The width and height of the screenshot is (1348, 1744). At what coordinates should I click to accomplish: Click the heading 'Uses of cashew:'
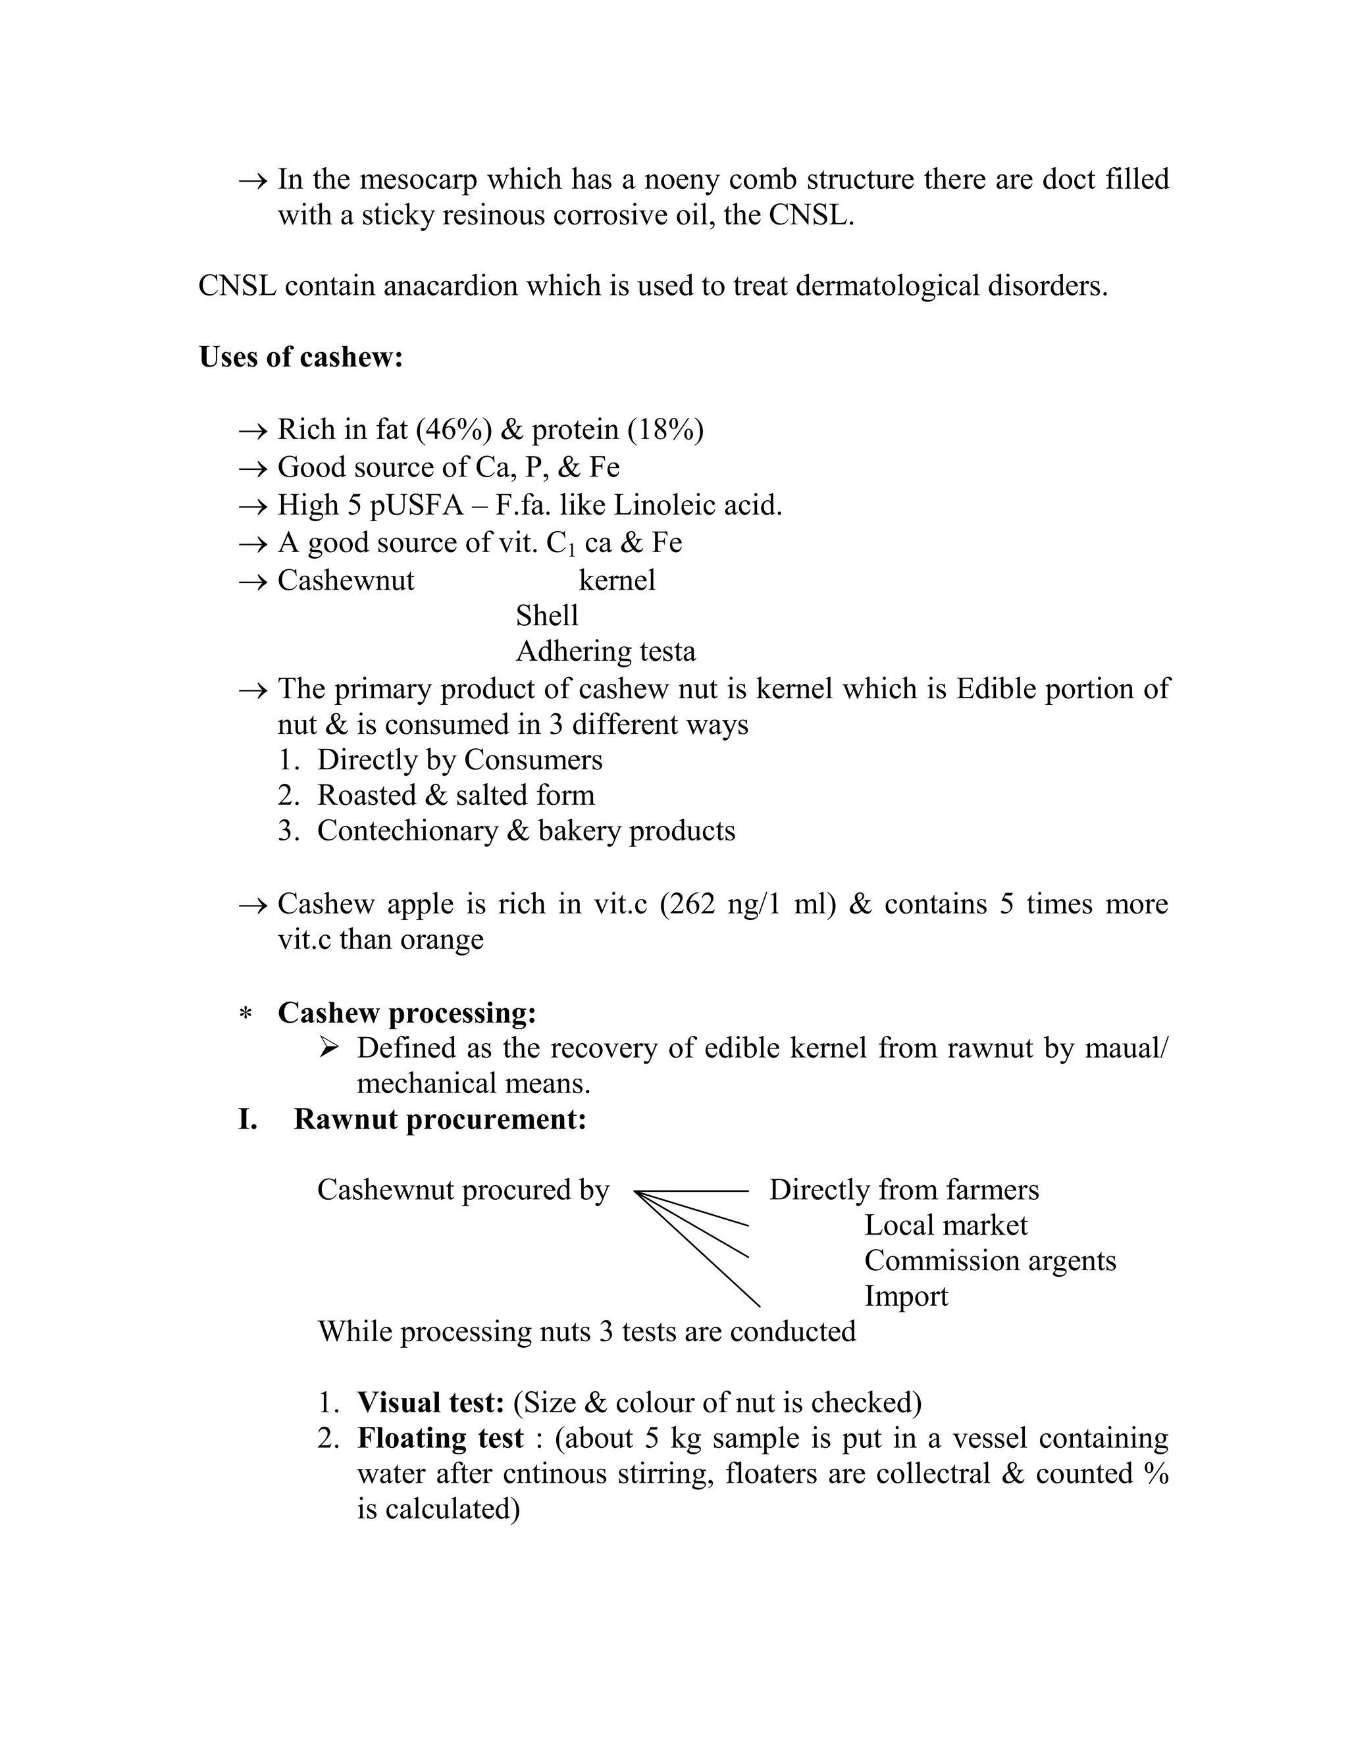pos(300,357)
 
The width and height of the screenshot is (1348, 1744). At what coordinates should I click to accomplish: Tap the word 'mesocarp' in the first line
pos(420,180)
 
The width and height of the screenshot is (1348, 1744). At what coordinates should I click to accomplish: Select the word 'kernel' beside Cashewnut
pos(617,580)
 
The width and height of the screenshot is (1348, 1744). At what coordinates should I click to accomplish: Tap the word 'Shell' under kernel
pos(547,616)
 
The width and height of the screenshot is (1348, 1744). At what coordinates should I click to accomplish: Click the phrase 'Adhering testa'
pos(606,652)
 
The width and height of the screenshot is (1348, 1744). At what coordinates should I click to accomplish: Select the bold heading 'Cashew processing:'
pos(407,1013)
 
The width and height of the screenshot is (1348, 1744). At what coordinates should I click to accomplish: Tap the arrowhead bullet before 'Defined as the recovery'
pos(328,1047)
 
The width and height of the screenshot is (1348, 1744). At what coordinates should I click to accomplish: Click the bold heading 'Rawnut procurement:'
pos(440,1119)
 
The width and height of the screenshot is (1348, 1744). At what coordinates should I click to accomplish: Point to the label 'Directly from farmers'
pos(904,1190)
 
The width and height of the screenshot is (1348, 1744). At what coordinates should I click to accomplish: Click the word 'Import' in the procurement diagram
pos(906,1296)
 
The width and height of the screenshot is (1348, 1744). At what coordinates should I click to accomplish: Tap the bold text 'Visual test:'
pos(430,1403)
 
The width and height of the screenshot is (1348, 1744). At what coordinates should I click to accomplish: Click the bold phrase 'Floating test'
pos(440,1438)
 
